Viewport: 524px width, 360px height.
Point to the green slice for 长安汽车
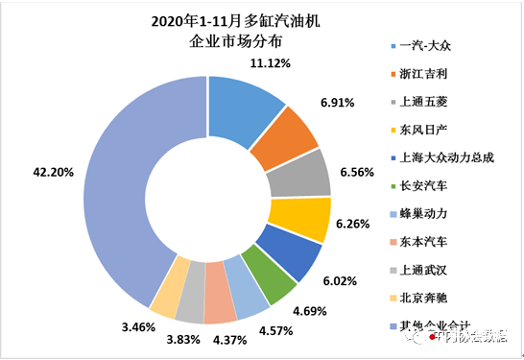click(x=268, y=279)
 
